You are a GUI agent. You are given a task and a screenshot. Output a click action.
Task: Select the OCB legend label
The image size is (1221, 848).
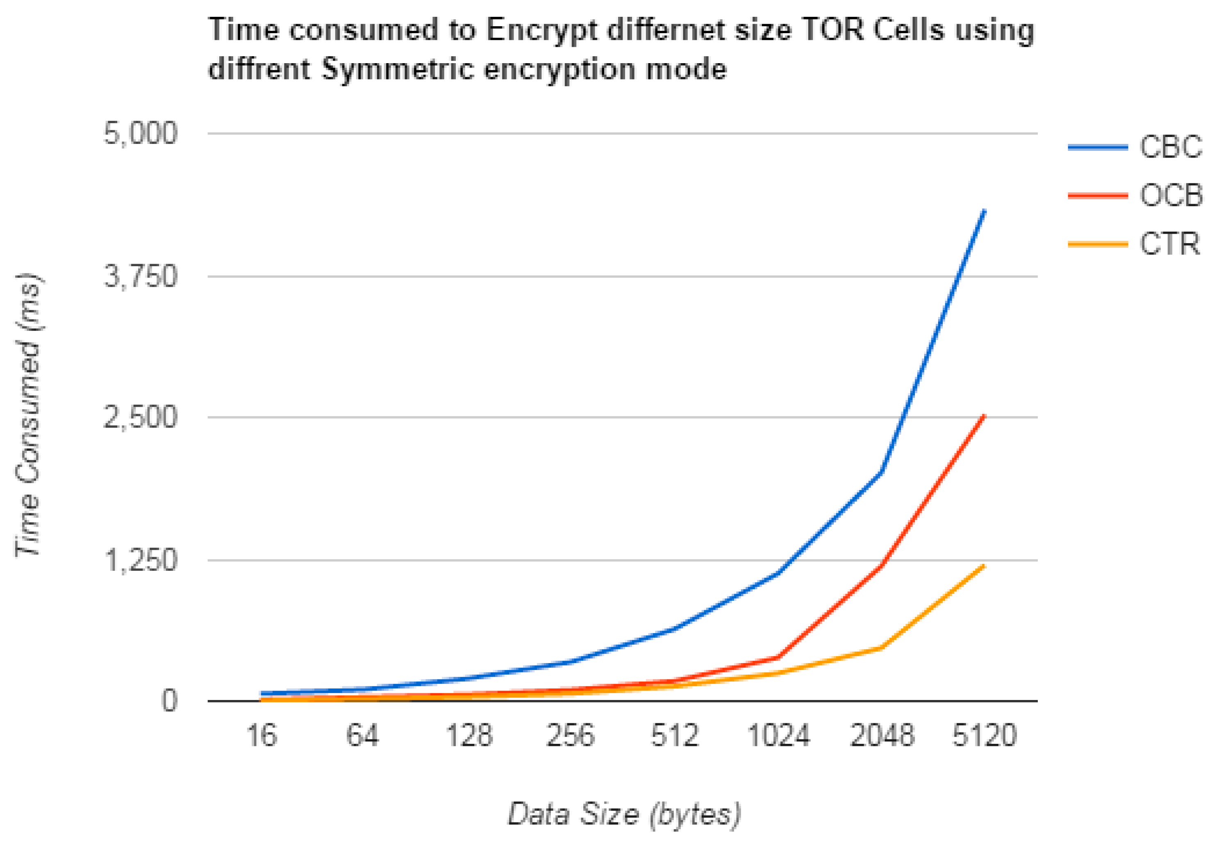[x=1170, y=196]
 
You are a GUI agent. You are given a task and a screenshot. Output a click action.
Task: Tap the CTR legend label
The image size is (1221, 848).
[x=1169, y=244]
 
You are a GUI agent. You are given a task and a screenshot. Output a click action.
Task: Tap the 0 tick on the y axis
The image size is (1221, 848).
[x=169, y=701]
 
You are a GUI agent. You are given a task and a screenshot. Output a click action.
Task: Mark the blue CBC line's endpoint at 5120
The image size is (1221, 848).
[x=984, y=211]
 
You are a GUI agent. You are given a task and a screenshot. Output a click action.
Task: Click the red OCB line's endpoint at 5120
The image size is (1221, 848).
[x=984, y=415]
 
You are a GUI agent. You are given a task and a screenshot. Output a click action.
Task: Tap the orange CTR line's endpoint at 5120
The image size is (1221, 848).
[x=984, y=566]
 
